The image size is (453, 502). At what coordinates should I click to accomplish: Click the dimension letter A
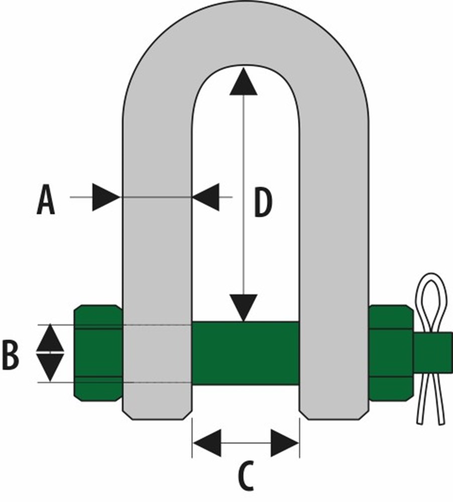coord(46,201)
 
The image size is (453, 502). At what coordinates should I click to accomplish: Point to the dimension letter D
coord(263,203)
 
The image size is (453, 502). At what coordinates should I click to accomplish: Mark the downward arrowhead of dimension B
coord(50,368)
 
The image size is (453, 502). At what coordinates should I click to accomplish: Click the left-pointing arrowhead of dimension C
coord(207,443)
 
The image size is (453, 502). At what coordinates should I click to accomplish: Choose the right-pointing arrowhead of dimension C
coord(285,443)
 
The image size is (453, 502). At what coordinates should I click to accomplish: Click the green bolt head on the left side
coord(98,353)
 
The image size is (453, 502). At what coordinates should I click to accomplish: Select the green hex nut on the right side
coord(391,353)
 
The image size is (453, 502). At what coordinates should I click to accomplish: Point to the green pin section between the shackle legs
coord(246,353)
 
